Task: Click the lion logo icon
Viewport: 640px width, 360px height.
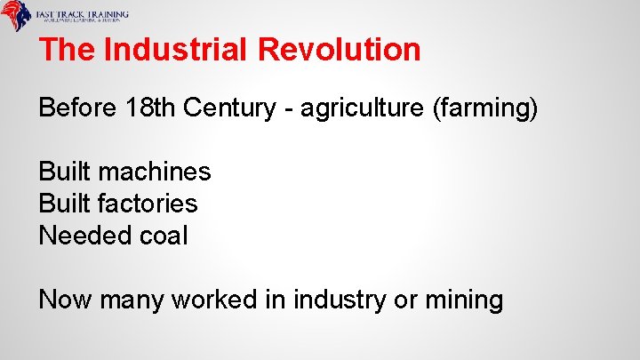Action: click(17, 17)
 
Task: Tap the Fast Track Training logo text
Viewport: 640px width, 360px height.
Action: click(82, 16)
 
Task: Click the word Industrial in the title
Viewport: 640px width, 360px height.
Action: click(177, 49)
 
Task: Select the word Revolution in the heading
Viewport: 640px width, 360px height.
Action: click(340, 49)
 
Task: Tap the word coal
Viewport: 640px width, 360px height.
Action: click(164, 236)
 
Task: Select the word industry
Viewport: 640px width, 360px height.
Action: click(337, 300)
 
